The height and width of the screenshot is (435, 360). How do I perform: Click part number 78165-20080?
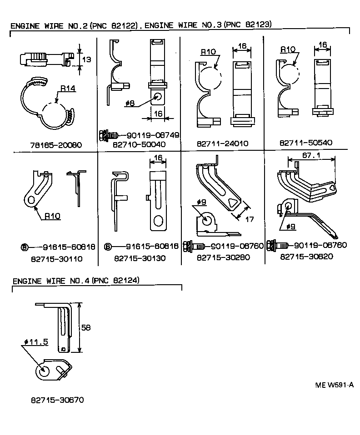55,145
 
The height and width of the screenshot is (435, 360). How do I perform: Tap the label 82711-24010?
222,143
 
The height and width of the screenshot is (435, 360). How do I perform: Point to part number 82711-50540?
306,143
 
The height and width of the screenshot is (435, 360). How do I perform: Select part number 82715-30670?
57,400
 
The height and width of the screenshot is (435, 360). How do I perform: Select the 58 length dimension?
86,327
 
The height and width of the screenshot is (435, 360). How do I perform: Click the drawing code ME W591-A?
334,385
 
